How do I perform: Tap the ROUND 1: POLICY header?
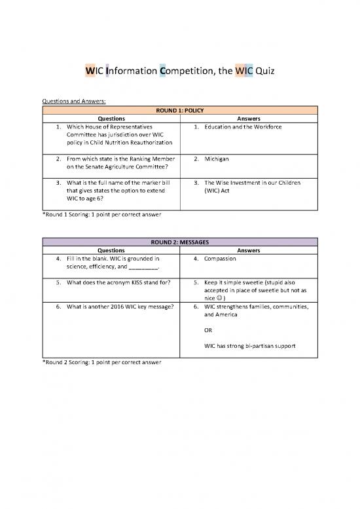(179, 110)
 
